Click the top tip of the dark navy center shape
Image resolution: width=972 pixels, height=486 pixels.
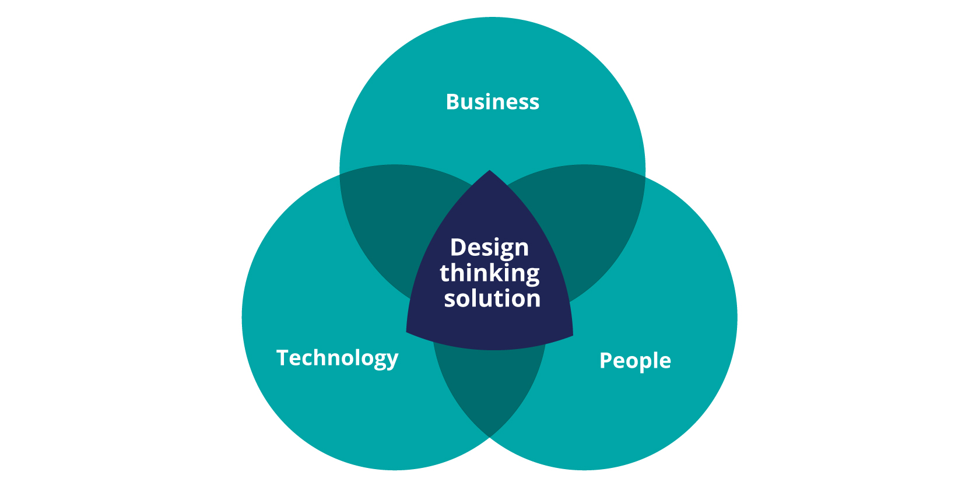489,170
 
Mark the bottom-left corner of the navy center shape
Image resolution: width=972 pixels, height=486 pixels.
406,332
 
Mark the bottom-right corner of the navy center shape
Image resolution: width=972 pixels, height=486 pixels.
573,335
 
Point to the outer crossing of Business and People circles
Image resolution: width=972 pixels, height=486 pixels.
645,175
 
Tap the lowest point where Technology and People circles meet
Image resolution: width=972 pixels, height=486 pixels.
489,437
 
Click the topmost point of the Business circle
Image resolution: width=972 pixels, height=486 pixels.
493,17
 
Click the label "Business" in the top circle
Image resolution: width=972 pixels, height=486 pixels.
493,102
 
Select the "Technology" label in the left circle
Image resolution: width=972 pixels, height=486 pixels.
337,358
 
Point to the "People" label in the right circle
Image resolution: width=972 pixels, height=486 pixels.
635,361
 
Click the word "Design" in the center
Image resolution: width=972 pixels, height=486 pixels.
489,248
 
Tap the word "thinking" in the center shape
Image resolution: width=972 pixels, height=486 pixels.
489,274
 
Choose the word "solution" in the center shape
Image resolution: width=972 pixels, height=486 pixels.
492,298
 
